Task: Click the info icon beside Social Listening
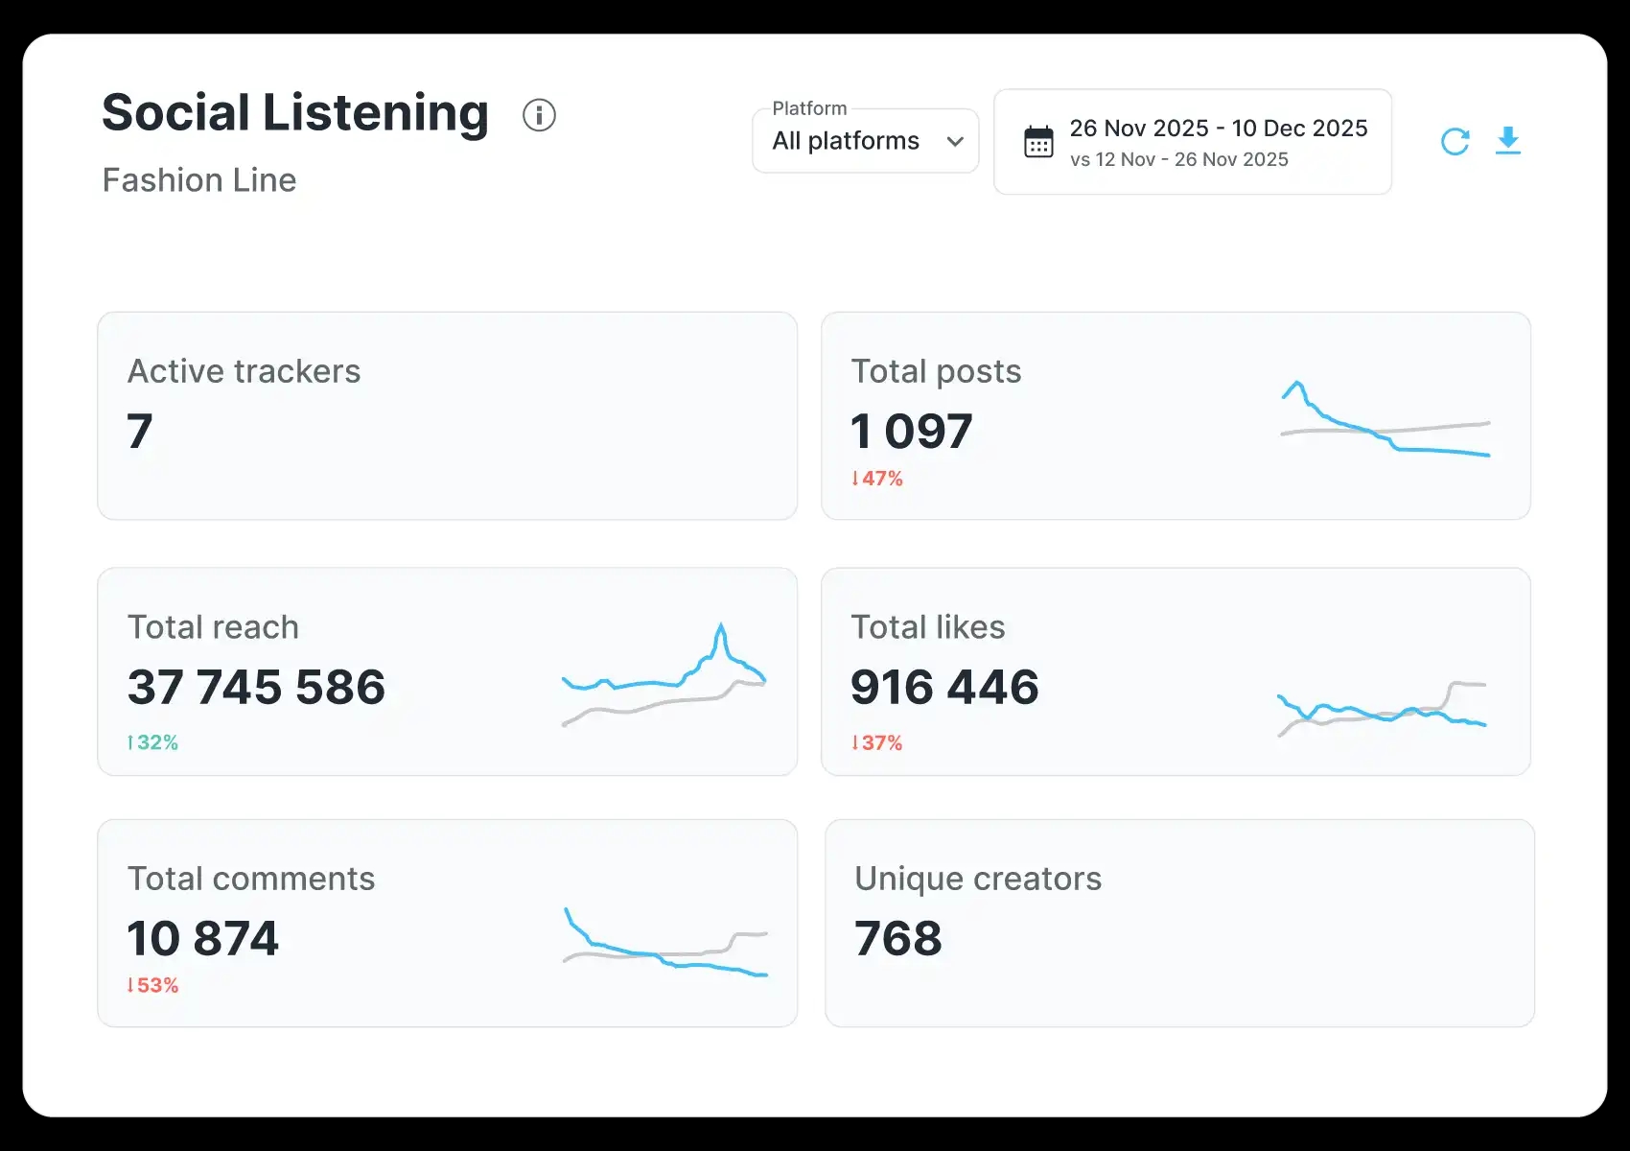[x=539, y=115]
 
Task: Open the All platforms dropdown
[x=865, y=141]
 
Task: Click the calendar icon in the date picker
[x=1038, y=142]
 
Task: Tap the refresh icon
[x=1455, y=142]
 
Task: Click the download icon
[x=1508, y=141]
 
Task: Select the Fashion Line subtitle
[x=199, y=180]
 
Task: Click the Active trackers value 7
[x=140, y=431]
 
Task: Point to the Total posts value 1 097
[x=912, y=431]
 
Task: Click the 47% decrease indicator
[x=877, y=479]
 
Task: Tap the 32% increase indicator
[x=153, y=742]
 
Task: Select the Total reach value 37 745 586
[x=256, y=687]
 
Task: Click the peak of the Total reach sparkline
[x=720, y=627]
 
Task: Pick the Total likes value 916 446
[x=944, y=687]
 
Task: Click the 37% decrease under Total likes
[x=877, y=742]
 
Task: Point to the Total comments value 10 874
[x=203, y=938]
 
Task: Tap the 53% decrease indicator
[x=153, y=985]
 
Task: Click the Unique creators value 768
[x=898, y=938]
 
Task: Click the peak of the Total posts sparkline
[x=1297, y=384]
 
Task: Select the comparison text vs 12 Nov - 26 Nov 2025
[x=1179, y=160]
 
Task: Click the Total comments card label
[x=251, y=879]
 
